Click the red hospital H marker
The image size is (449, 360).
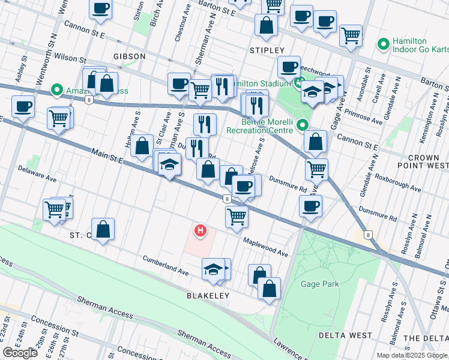point(200,230)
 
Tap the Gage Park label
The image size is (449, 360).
point(321,284)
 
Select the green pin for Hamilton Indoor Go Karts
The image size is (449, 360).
point(382,44)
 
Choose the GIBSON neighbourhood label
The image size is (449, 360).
point(129,56)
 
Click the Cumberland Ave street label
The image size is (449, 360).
point(166,266)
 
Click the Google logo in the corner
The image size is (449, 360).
point(20,353)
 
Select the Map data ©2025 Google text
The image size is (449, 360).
point(412,355)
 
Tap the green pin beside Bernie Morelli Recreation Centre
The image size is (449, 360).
point(303,125)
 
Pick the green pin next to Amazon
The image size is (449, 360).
point(57,91)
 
